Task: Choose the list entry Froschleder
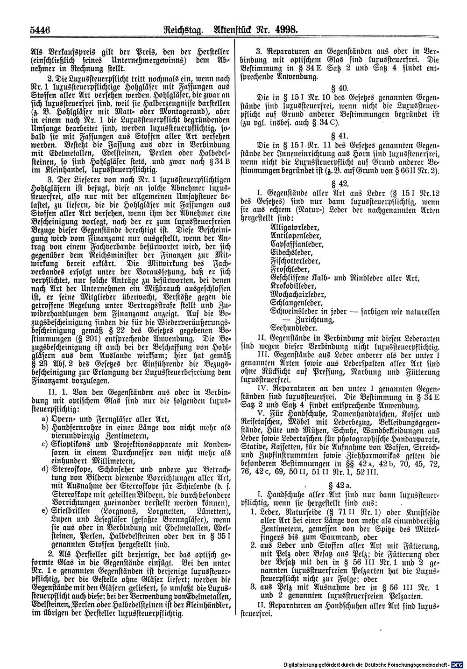click(x=290, y=270)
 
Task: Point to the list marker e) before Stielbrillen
click(x=44, y=512)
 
